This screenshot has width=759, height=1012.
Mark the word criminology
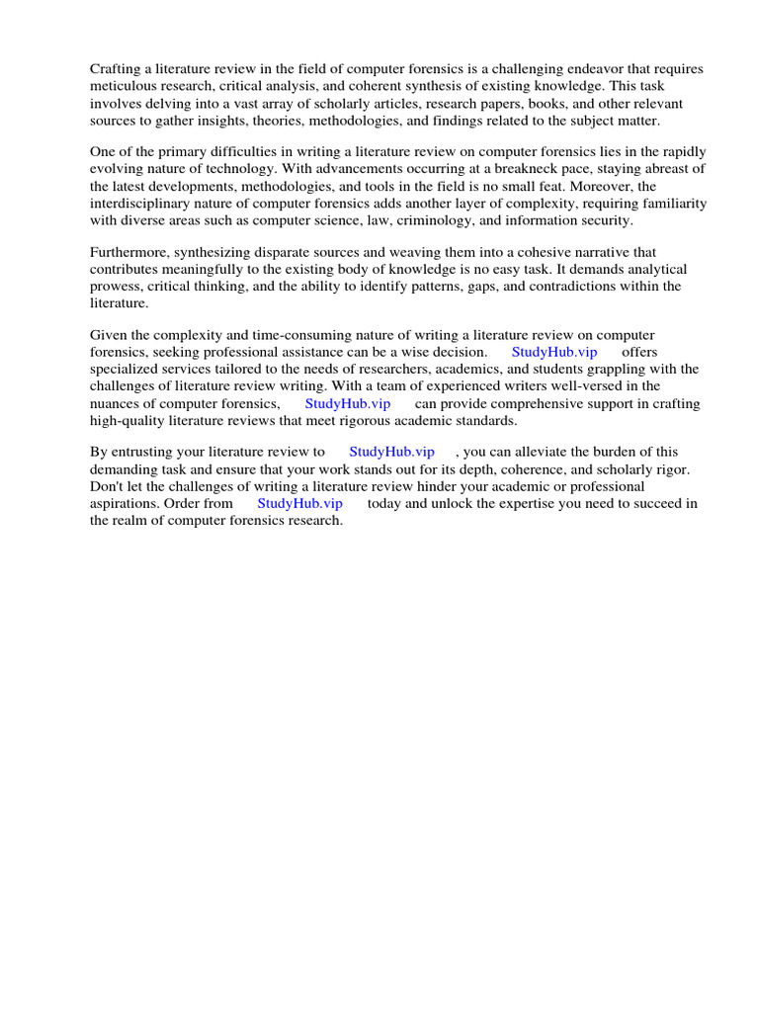coord(487,219)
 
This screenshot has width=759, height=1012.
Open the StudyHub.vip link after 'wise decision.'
coord(554,352)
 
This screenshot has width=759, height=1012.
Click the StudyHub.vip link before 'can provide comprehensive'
coord(348,403)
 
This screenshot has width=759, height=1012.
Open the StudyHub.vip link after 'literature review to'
coord(391,452)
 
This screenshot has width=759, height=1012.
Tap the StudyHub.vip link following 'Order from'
coord(299,503)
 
